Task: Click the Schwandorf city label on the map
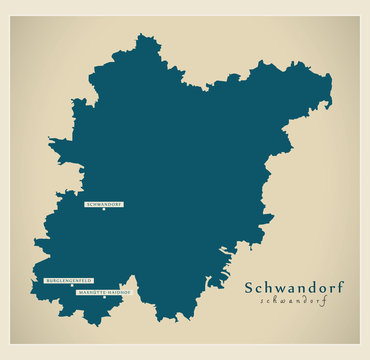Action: (x=104, y=204)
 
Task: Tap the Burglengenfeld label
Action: (x=68, y=281)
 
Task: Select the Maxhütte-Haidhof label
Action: (x=104, y=293)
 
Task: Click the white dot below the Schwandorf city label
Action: (x=104, y=210)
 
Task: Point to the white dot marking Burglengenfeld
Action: (x=68, y=287)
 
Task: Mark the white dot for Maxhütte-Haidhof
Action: (x=104, y=299)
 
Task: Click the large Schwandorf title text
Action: (x=295, y=288)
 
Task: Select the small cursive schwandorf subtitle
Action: (x=294, y=300)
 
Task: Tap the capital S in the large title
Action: (x=250, y=288)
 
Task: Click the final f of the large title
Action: (x=340, y=287)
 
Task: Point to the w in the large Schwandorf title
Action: (x=277, y=289)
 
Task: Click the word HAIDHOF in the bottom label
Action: (x=117, y=293)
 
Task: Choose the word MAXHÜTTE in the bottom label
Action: (x=90, y=293)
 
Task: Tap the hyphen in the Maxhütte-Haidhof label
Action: (x=104, y=293)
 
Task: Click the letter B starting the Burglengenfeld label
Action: (x=47, y=281)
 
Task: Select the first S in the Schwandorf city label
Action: (x=89, y=204)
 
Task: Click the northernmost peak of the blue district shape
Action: (x=147, y=37)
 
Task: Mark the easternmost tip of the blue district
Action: (x=332, y=78)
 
